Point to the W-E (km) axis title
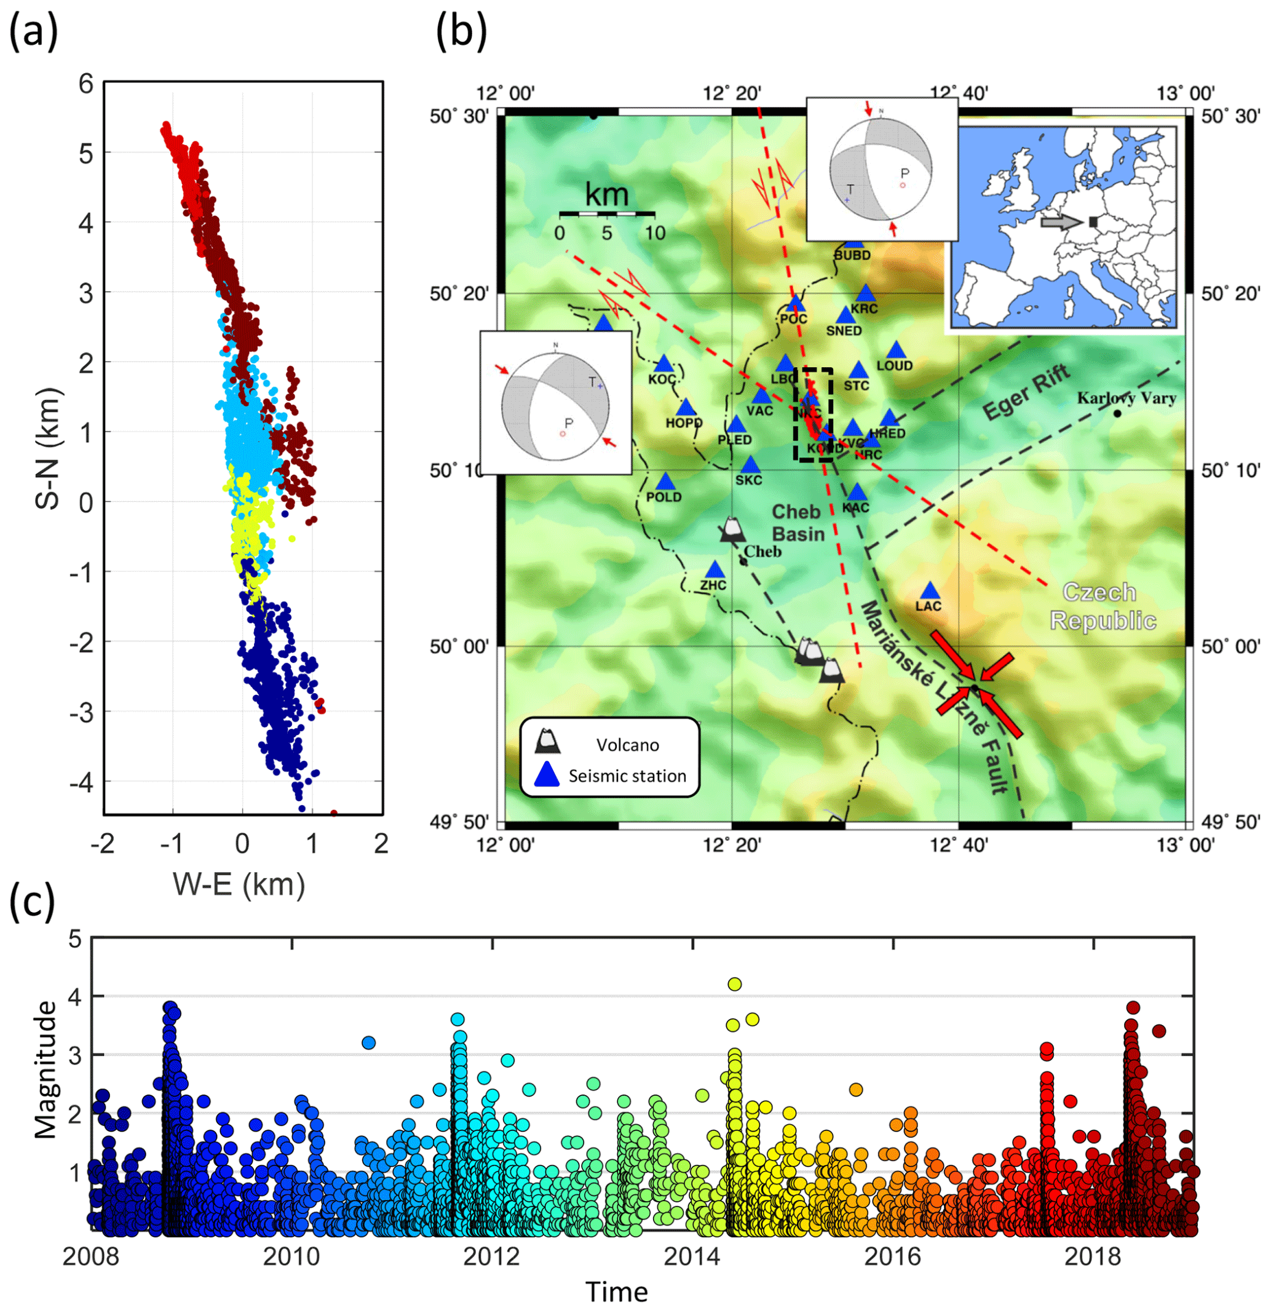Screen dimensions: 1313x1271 [x=239, y=884]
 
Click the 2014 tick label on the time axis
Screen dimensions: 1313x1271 [x=692, y=1256]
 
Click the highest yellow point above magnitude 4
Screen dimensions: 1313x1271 [x=735, y=984]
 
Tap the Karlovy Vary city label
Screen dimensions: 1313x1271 [x=1126, y=398]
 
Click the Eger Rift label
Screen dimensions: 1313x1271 [x=1026, y=392]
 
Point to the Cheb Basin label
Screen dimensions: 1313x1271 [x=797, y=523]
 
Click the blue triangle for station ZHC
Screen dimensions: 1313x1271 [x=715, y=570]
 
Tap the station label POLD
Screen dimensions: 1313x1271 [x=663, y=497]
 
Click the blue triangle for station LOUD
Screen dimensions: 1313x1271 [x=896, y=350]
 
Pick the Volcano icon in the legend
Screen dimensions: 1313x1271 [x=548, y=740]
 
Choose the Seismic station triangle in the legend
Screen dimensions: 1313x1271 [x=548, y=774]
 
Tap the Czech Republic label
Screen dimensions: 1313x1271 [x=1103, y=606]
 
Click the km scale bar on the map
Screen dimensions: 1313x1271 [x=607, y=213]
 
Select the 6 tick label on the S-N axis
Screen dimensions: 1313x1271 [x=85, y=84]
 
